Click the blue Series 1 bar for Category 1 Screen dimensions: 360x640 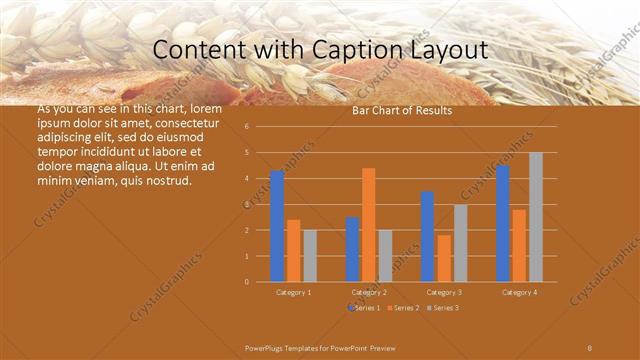click(277, 226)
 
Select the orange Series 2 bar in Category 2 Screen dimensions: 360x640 click(368, 225)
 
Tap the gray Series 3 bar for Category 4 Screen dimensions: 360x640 click(536, 217)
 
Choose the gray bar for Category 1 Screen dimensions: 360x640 click(310, 256)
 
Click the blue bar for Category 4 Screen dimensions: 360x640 click(502, 223)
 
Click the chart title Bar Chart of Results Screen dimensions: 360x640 click(402, 110)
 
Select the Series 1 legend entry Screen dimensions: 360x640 click(364, 308)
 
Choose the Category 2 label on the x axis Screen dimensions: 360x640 click(369, 292)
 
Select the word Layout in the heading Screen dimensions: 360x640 click(446, 50)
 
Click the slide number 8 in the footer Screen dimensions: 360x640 click(590, 347)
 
